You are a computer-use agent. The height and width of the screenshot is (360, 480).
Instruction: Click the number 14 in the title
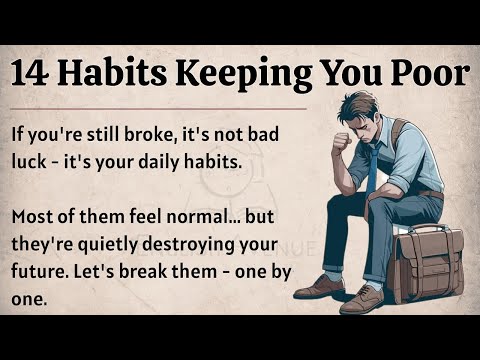[x=36, y=74]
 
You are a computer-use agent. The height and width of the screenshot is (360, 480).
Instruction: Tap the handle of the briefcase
[x=428, y=229]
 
